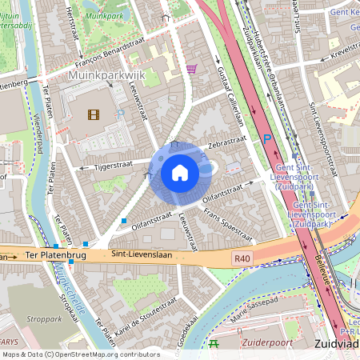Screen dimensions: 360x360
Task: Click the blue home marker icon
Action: [180, 172]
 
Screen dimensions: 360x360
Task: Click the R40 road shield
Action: [243, 258]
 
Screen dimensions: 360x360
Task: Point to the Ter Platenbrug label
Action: [54, 255]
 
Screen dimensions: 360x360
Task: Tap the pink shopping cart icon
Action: [192, 69]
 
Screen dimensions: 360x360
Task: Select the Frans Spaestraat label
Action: [228, 225]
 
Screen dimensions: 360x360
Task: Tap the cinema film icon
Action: [94, 114]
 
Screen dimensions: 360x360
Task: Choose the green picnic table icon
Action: [214, 344]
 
